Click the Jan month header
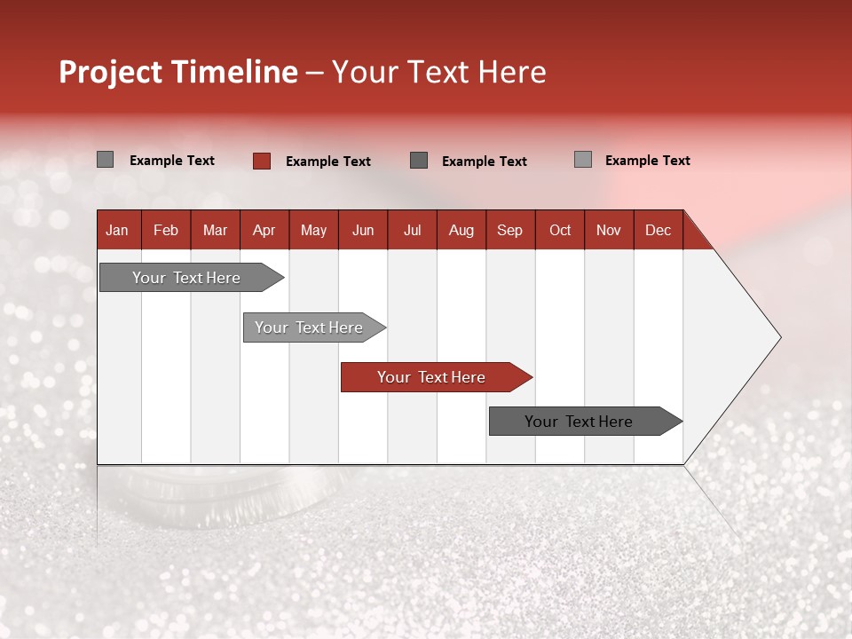[117, 230]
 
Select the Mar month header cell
[215, 230]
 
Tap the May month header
[313, 230]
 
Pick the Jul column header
[412, 230]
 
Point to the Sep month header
[509, 230]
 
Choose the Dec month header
[658, 230]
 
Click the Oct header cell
[560, 230]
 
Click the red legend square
[261, 161]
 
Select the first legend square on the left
[105, 160]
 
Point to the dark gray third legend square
[419, 160]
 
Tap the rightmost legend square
[582, 160]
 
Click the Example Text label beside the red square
[327, 162]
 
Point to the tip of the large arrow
[779, 337]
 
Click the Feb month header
[166, 230]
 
